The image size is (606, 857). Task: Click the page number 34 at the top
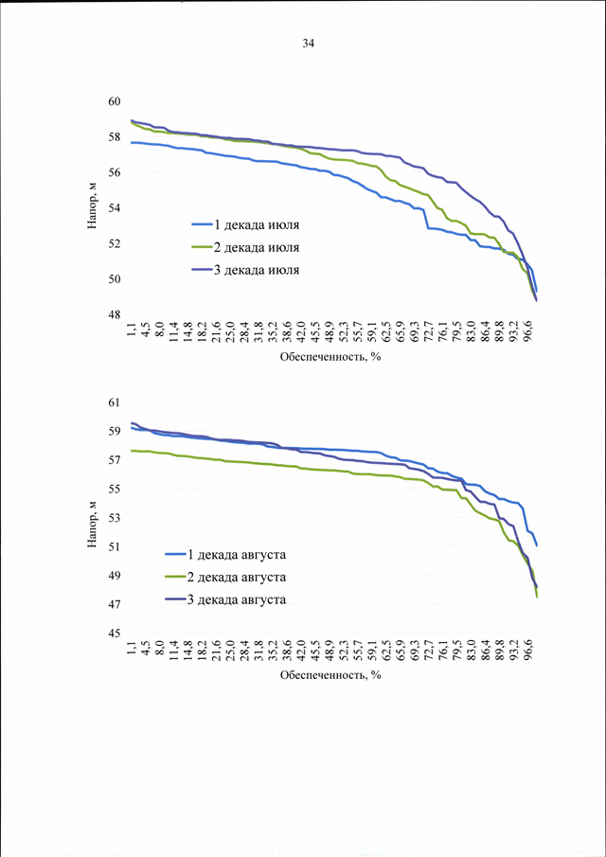click(x=308, y=44)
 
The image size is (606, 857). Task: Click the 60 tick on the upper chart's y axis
click(x=116, y=101)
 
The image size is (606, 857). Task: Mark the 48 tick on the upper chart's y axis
click(x=116, y=314)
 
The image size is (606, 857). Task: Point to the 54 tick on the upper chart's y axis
click(x=116, y=208)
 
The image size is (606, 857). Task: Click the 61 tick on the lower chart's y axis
click(x=116, y=403)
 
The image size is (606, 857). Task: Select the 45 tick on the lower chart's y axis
click(x=116, y=634)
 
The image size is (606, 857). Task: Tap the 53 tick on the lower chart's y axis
click(x=116, y=518)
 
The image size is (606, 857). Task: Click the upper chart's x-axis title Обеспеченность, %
click(x=330, y=358)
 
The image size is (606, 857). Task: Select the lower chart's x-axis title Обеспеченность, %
click(x=330, y=675)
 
